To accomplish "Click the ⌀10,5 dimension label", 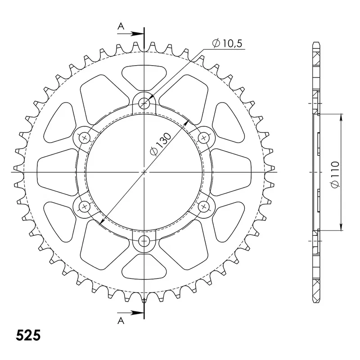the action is click(x=227, y=43).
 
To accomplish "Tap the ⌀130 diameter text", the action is click(x=161, y=144).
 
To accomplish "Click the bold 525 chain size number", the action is click(x=28, y=335).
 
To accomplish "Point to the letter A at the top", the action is click(x=121, y=27).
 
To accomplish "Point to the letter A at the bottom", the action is click(x=121, y=320).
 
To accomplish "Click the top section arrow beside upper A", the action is click(x=130, y=34).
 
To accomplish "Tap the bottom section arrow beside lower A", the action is click(x=130, y=313).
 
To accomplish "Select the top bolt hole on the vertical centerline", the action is click(x=144, y=103).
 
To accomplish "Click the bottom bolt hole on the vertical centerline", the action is click(x=144, y=241).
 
